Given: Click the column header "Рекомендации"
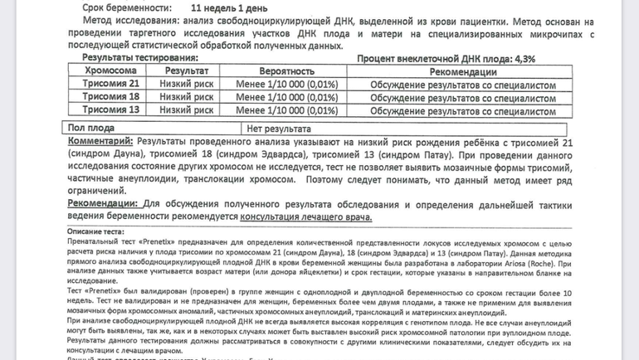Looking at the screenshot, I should click(x=462, y=72).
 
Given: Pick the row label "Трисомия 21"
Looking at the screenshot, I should click(x=111, y=85).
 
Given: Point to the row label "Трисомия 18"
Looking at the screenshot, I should click(x=111, y=98).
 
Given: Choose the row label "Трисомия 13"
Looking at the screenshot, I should click(x=111, y=110).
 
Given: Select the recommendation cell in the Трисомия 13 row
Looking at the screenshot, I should click(x=462, y=110).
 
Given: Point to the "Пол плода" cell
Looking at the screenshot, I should click(x=91, y=129).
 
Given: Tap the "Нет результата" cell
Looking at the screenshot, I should click(x=279, y=129).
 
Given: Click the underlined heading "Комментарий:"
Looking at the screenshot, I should click(x=100, y=142).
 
